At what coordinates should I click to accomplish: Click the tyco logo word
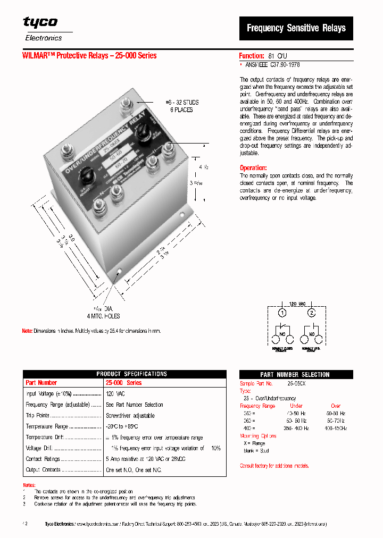40,22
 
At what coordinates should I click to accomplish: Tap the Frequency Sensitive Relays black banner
296,28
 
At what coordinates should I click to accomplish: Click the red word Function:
251,55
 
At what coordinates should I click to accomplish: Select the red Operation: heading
253,167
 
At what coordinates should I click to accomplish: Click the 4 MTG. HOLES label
103,316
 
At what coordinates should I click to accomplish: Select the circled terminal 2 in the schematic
312,312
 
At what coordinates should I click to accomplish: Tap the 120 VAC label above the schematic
296,304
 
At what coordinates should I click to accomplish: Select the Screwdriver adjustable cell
130,416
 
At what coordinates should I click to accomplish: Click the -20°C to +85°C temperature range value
122,426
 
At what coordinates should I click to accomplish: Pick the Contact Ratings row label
43,459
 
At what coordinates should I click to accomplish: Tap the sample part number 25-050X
296,383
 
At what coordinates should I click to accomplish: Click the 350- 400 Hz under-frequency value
296,428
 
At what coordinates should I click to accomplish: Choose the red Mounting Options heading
258,436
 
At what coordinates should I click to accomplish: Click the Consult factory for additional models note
274,466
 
